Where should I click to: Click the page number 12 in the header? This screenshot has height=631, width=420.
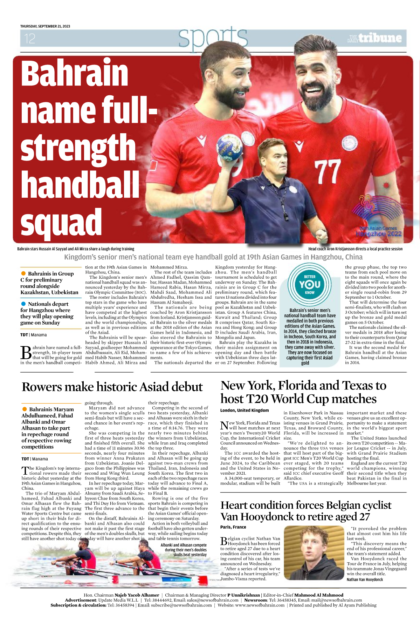pyautogui.click(x=30, y=39)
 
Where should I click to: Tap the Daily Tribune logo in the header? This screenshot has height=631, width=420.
pyautogui.click(x=374, y=38)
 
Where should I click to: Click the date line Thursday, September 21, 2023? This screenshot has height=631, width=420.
pyautogui.click(x=45, y=26)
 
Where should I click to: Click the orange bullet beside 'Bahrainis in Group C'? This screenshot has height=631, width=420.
pyautogui.click(x=23, y=273)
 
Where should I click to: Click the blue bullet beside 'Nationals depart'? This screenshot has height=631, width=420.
pyautogui.click(x=23, y=304)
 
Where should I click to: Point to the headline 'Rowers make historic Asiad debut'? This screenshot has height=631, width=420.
pyautogui.click(x=112, y=387)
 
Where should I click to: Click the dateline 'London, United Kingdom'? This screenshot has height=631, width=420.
pyautogui.click(x=245, y=411)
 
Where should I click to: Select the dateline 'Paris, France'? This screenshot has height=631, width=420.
pyautogui.click(x=233, y=527)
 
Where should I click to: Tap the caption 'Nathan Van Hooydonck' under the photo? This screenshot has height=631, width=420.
pyautogui.click(x=365, y=579)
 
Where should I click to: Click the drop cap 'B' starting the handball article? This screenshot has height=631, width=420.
pyautogui.click(x=26, y=353)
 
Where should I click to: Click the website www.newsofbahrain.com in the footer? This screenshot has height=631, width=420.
pyautogui.click(x=260, y=605)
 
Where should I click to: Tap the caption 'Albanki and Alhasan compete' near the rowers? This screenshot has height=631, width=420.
pyautogui.click(x=184, y=545)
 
